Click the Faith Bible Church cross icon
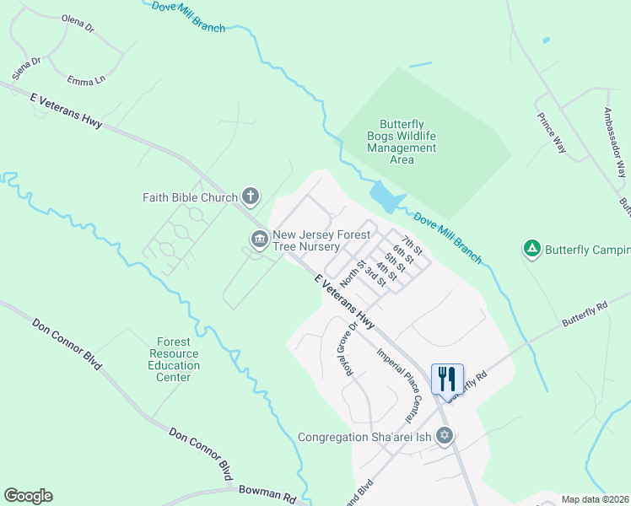[x=250, y=197]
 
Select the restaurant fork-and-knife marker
[x=447, y=379]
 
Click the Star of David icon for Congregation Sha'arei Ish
[x=445, y=437]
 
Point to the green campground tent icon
[x=531, y=249]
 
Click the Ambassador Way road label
[x=614, y=140]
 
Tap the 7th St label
[x=412, y=245]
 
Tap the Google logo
[x=28, y=496]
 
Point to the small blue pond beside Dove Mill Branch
[x=385, y=197]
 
